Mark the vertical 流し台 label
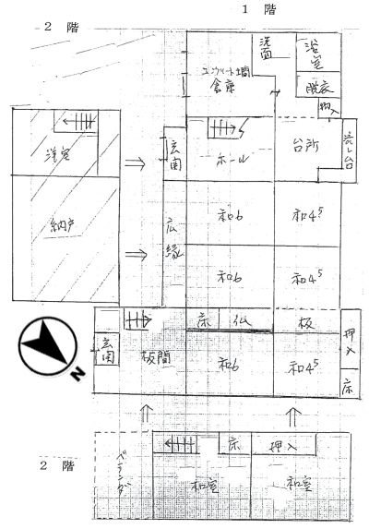[x=350, y=150]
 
